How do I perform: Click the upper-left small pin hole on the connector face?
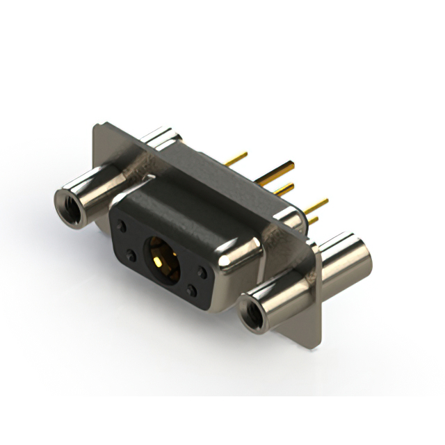(x=122, y=226)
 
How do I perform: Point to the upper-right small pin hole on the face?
(x=202, y=273)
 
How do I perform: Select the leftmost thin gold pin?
(x=236, y=159)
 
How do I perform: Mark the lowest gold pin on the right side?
(x=313, y=221)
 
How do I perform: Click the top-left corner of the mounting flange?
(x=97, y=127)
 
